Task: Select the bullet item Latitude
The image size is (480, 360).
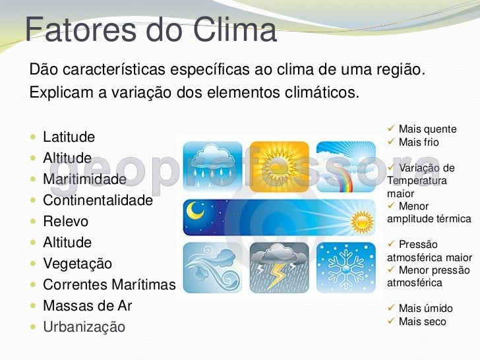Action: [69, 137]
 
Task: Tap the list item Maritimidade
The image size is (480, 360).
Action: [84, 179]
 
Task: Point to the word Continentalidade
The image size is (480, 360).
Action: [98, 200]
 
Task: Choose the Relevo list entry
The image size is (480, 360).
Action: [65, 222]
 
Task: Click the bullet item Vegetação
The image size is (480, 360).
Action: [77, 264]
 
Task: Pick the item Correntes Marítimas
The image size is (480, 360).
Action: [109, 285]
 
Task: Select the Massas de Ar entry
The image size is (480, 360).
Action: [87, 306]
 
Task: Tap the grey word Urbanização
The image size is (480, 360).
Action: [84, 327]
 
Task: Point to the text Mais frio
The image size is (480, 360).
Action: [419, 142]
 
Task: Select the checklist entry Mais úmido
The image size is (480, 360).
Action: [426, 308]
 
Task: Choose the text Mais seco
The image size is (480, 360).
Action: [422, 322]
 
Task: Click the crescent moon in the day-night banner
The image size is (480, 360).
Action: [196, 211]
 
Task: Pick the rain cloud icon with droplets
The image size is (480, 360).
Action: [212, 165]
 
